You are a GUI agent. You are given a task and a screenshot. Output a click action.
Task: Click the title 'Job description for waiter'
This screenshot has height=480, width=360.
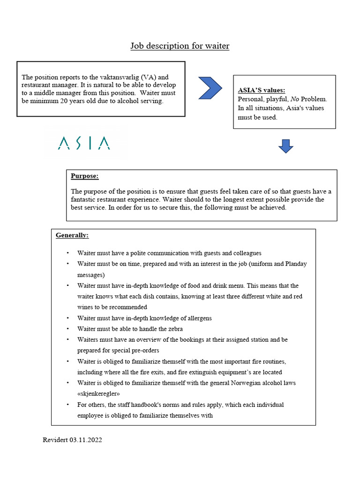point(180,46)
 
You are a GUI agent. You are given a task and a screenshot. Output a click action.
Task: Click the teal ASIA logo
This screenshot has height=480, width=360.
point(84,143)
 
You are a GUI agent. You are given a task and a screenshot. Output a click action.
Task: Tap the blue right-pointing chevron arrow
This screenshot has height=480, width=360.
point(210,88)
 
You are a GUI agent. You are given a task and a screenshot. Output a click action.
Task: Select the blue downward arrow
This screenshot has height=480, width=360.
point(285,146)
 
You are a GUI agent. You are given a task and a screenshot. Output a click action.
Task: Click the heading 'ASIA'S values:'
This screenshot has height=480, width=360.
point(262,90)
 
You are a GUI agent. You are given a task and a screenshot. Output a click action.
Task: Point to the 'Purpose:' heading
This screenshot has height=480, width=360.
point(84,176)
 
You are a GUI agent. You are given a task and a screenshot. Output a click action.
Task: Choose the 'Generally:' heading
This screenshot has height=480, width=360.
point(72,235)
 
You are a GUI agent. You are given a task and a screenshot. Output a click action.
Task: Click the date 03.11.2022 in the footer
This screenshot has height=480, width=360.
point(86,440)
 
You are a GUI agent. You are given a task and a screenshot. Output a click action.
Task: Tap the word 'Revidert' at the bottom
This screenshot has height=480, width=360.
point(55,440)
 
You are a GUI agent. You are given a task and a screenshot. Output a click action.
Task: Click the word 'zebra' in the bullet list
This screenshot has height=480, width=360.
point(174,329)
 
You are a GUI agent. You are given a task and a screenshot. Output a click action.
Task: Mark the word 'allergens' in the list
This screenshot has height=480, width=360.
point(197,318)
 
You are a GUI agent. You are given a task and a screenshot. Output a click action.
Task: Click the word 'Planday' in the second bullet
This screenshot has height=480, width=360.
point(296,264)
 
